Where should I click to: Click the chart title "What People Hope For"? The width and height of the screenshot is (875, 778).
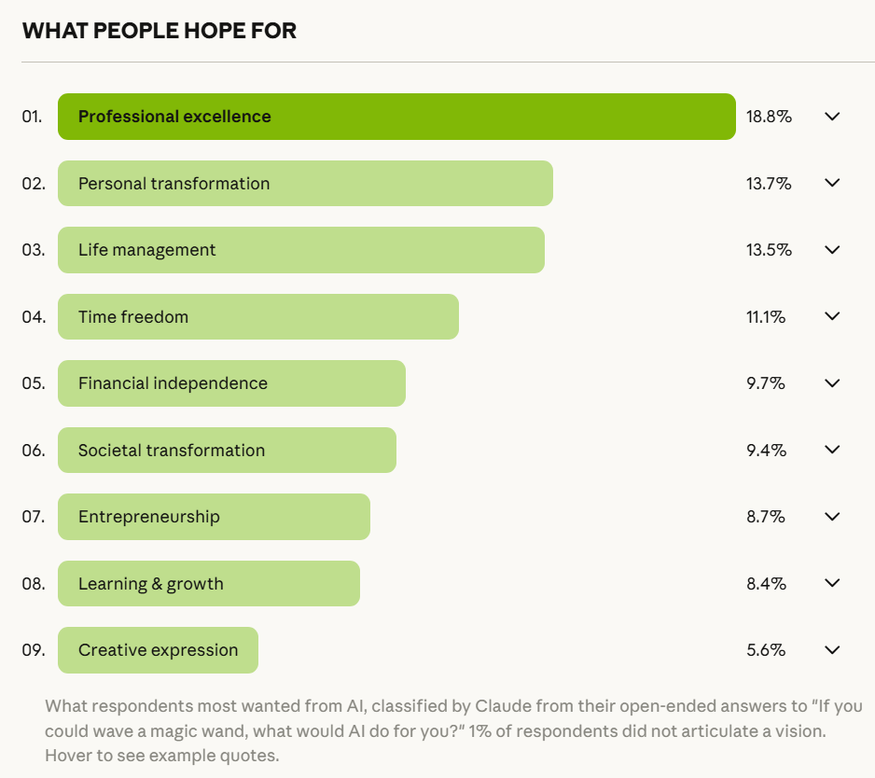click(160, 31)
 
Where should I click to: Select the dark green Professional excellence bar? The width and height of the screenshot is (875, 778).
click(396, 117)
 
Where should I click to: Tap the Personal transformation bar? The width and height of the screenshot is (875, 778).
click(305, 184)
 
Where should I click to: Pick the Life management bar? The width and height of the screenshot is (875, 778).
click(300, 250)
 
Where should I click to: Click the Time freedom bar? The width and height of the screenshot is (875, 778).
click(257, 317)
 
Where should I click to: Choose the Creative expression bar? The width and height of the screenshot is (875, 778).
click(158, 650)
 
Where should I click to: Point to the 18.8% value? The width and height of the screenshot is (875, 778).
click(769, 117)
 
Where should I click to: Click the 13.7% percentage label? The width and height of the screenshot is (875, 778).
click(769, 184)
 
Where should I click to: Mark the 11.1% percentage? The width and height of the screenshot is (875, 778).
click(766, 317)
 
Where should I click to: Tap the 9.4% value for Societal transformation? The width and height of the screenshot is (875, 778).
click(766, 451)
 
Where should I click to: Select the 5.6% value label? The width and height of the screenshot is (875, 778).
click(766, 650)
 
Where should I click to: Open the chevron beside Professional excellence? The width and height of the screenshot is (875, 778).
click(833, 117)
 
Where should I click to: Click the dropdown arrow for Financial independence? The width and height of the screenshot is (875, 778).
click(833, 383)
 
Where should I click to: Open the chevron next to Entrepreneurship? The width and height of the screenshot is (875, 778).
click(833, 517)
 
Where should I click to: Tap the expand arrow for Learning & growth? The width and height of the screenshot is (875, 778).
click(833, 583)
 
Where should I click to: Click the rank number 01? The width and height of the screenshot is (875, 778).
click(33, 117)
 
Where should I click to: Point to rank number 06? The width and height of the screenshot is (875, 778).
click(34, 451)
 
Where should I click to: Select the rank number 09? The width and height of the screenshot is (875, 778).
click(34, 650)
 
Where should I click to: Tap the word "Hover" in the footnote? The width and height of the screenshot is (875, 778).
click(67, 755)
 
